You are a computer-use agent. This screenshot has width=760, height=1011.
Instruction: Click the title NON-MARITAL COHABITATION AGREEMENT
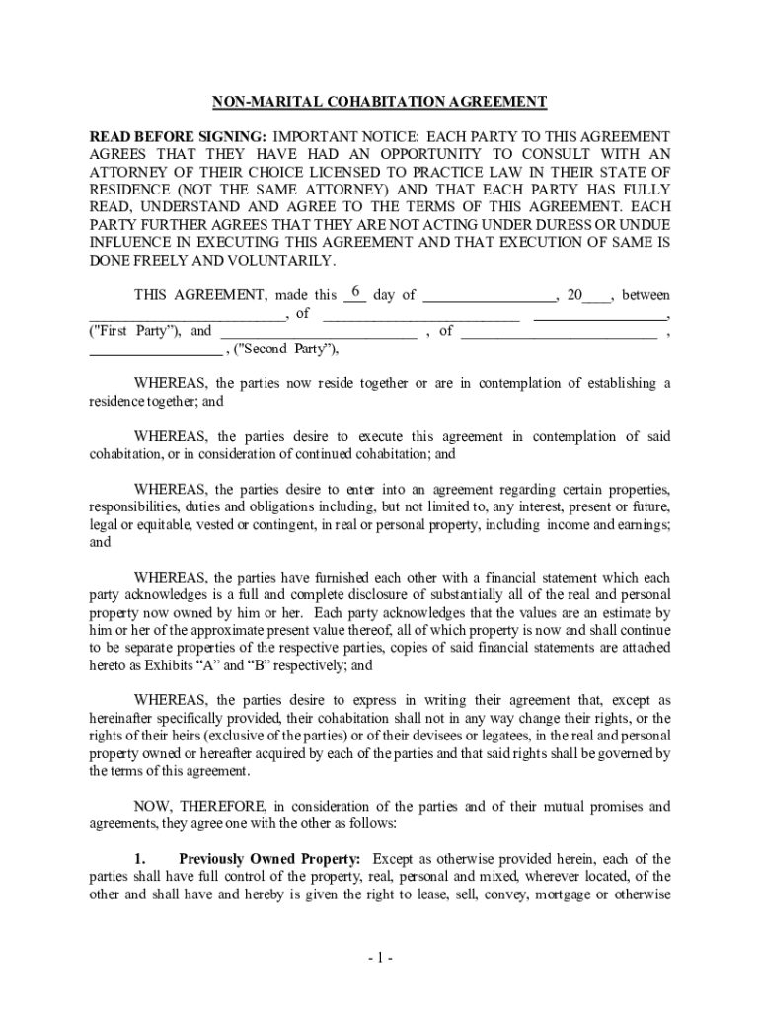pyautogui.click(x=380, y=102)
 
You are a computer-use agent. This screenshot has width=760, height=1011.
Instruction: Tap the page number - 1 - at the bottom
pyautogui.click(x=380, y=958)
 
